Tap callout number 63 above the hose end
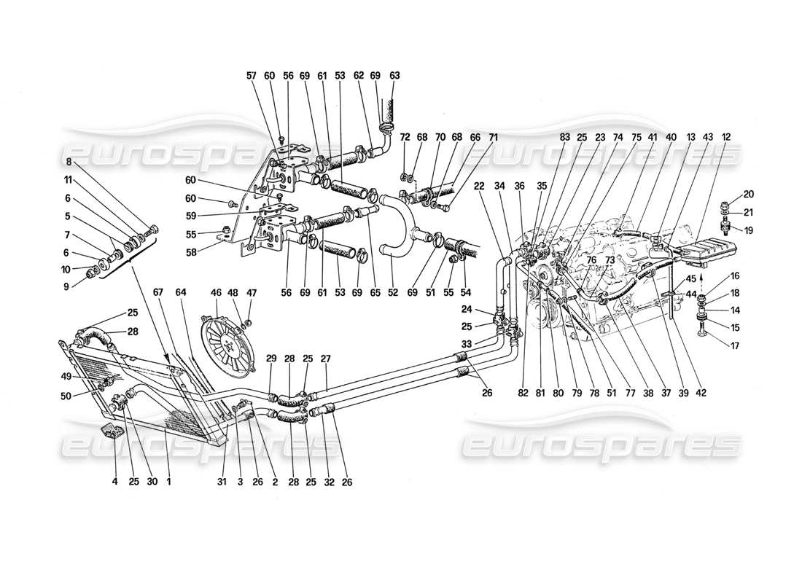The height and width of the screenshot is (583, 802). [396, 75]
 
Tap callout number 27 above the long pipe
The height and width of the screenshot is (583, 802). [326, 358]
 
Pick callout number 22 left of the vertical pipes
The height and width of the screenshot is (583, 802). [480, 187]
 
